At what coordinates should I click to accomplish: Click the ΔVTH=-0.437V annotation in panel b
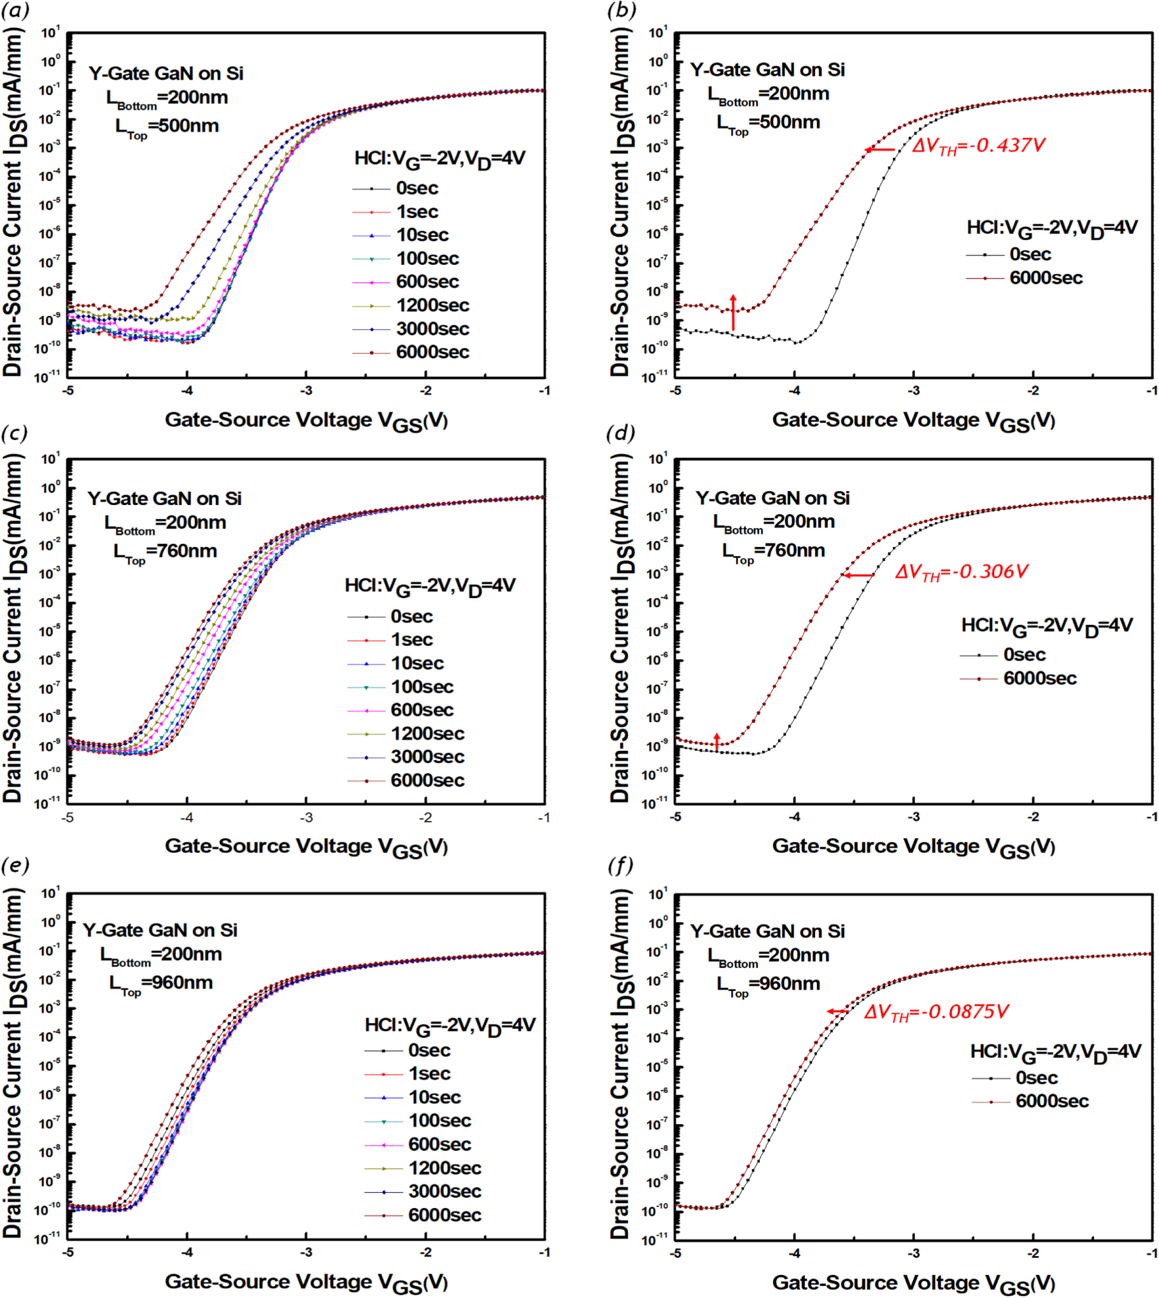tap(978, 146)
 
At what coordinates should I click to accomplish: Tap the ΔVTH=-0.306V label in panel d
tap(962, 572)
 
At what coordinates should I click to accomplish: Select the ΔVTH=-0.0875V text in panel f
tap(936, 1011)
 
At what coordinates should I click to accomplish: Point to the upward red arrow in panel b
tap(733, 312)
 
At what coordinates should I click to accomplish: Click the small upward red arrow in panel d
tap(717, 741)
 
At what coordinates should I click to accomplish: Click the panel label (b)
tap(622, 10)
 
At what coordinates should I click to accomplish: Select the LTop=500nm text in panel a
tap(167, 127)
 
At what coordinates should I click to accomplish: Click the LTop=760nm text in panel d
tap(774, 552)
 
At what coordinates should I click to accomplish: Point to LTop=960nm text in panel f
tap(769, 985)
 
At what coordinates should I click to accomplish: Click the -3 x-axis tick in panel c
tap(306, 818)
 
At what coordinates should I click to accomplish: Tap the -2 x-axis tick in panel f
tap(1034, 1252)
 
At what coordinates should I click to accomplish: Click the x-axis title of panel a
tap(306, 421)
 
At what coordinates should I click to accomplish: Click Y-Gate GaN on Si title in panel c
tap(164, 499)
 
